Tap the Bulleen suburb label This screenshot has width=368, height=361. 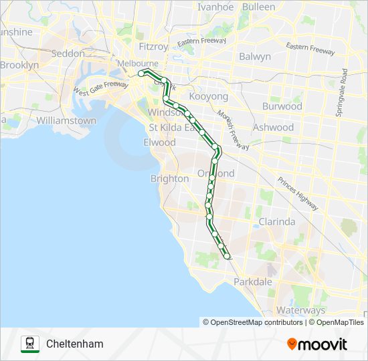click(x=258, y=7)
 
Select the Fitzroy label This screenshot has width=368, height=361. click(x=153, y=47)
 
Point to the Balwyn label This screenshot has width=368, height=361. click(x=254, y=57)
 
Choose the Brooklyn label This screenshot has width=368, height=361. click(x=19, y=66)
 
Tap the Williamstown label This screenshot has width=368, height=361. click(x=66, y=121)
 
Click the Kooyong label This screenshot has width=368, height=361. click(x=209, y=97)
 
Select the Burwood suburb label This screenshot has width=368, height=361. click(x=282, y=106)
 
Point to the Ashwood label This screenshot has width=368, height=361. click(x=273, y=127)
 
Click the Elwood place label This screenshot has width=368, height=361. click(x=159, y=142)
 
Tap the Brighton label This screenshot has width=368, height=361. click(x=169, y=179)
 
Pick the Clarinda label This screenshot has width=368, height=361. click(x=277, y=222)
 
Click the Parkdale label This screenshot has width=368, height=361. click(x=254, y=282)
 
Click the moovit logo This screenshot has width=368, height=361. click(x=317, y=344)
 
